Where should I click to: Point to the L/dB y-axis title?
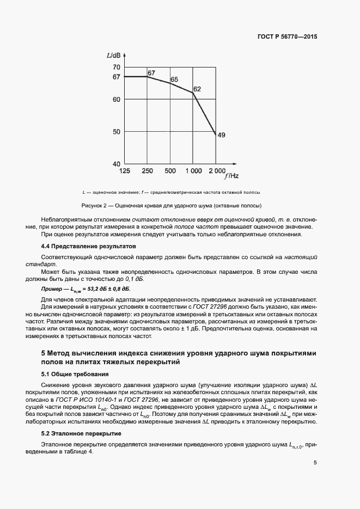(x=113, y=56)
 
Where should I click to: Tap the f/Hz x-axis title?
(x=232, y=176)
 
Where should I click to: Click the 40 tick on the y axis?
(x=116, y=163)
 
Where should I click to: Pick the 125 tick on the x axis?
(x=125, y=171)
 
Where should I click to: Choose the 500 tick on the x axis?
(x=170, y=171)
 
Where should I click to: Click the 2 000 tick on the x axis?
(x=217, y=171)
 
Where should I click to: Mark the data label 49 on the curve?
(x=221, y=135)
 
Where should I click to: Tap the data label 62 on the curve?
(x=197, y=89)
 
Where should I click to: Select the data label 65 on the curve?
(x=174, y=80)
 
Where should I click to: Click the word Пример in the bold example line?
(x=53, y=289)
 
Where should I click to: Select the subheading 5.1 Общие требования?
(x=75, y=374)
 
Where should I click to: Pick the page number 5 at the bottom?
(x=315, y=463)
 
